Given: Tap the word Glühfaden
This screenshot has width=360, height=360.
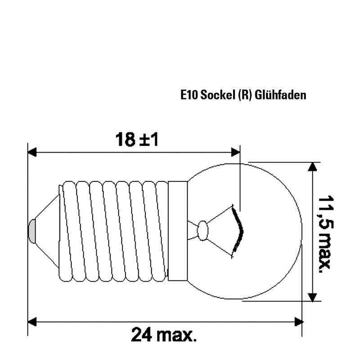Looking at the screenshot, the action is [x=280, y=95].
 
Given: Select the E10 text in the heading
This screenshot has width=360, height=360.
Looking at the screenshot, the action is [x=189, y=95].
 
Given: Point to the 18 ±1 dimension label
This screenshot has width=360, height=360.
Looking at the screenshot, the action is [x=137, y=139].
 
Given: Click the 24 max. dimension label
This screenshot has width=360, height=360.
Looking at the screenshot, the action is [x=164, y=334].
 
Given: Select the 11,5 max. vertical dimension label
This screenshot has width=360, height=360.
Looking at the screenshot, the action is [x=325, y=234].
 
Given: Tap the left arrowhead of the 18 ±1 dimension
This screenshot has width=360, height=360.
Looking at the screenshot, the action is [x=32, y=152].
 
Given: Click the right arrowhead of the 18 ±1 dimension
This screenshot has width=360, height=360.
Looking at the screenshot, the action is [x=235, y=152].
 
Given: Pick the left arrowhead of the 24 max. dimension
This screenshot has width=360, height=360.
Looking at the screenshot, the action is [x=32, y=322].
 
